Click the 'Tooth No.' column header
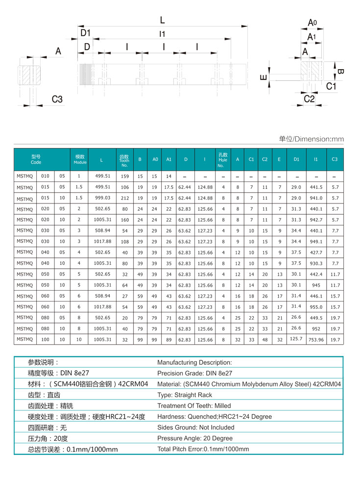[x=124, y=159]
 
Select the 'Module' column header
[x=80, y=159]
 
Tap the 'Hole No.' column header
[x=223, y=159]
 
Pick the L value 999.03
[x=102, y=198]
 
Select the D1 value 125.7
[x=296, y=339]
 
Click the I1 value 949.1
[x=316, y=241]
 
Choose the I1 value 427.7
[x=316, y=252]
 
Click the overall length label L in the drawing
[x=162, y=20]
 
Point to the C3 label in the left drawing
[x=57, y=99]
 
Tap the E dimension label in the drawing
[x=264, y=77]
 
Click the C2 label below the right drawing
[x=309, y=99]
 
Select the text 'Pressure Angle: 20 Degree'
[x=195, y=438]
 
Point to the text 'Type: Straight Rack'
[x=185, y=395]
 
